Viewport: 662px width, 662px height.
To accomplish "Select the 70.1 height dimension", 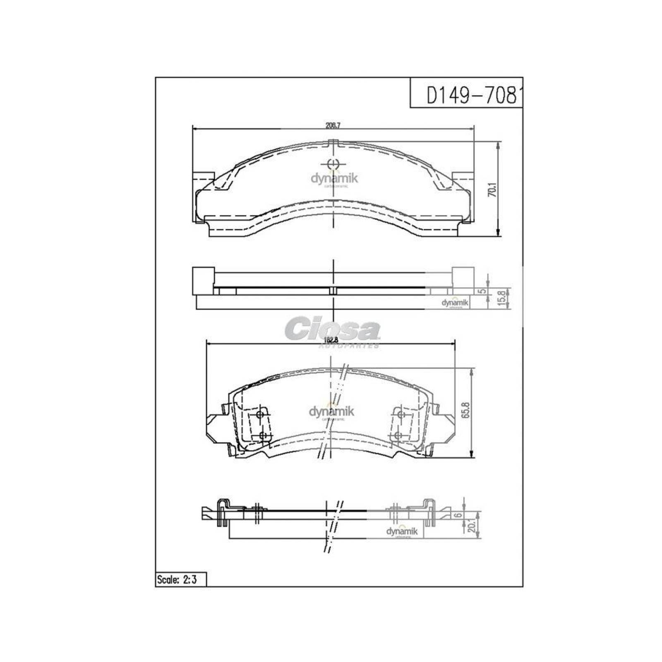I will pos(492,190).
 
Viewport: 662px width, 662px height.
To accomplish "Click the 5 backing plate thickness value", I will pos(481,291).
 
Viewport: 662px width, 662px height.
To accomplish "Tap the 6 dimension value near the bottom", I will pos(457,515).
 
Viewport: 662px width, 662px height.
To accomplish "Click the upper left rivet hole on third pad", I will pos(260,415).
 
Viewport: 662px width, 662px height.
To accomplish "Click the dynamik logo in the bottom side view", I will pos(402,532).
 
